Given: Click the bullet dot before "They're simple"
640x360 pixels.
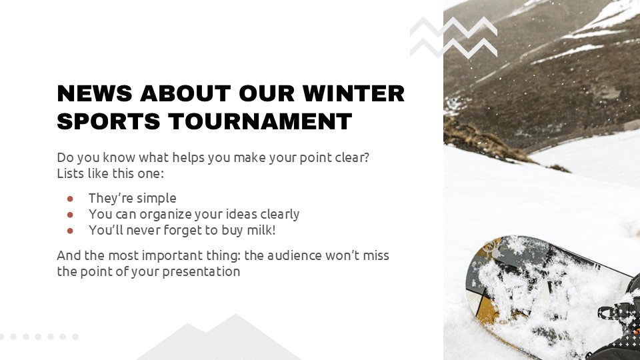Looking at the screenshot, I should coord(70,199).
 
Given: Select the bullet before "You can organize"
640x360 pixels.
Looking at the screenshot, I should coord(70,215).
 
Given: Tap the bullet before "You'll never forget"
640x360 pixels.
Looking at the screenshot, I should coord(70,231).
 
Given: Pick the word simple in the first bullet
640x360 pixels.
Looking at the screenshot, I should coord(156,199).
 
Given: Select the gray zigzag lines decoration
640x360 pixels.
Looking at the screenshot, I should coord(453,37).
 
